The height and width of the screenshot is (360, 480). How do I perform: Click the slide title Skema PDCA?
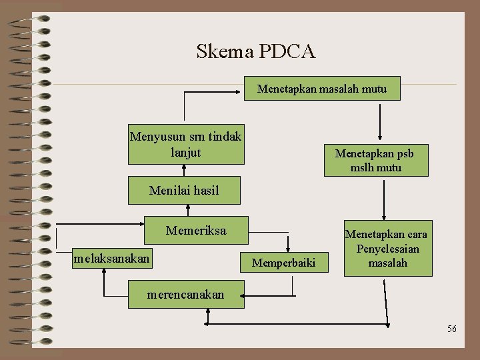tap(255, 51)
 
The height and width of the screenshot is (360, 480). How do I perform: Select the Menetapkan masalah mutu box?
tap(322, 88)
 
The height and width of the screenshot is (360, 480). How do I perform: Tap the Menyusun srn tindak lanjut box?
tap(186, 144)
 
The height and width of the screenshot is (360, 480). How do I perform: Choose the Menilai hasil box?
tap(184, 191)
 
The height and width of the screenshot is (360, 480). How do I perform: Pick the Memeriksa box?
tap(197, 231)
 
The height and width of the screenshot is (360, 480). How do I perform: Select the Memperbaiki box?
tap(283, 263)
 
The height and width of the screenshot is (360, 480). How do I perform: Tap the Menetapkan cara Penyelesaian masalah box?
tap(387, 248)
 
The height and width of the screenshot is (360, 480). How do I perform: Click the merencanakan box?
tap(186, 294)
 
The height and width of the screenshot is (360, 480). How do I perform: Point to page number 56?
tap(452, 329)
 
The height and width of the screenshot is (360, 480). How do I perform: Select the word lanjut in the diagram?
tap(185, 152)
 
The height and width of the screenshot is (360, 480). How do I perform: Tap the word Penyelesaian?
tap(387, 249)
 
